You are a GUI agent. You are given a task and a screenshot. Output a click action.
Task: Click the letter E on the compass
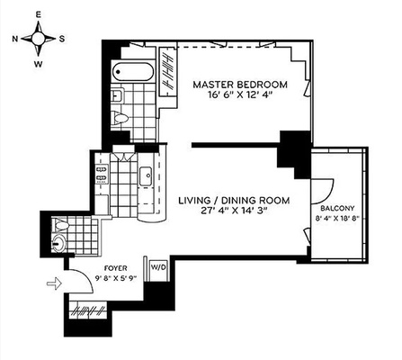click(x=38, y=15)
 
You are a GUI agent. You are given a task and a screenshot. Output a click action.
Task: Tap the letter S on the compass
click(x=62, y=39)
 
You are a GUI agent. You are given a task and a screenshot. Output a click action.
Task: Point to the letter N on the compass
click(x=14, y=39)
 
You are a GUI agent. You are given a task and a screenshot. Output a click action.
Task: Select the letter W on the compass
click(x=39, y=64)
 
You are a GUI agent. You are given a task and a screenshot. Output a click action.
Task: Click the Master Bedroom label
click(x=240, y=85)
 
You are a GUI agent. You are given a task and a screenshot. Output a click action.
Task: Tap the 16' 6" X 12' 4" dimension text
click(x=240, y=95)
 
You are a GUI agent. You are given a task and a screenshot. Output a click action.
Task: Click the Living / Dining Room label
click(x=234, y=201)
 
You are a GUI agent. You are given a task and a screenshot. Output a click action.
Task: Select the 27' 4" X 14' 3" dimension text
click(x=234, y=211)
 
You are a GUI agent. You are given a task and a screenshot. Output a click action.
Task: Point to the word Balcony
click(x=337, y=208)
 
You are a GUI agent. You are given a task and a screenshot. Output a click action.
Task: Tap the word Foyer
click(x=115, y=268)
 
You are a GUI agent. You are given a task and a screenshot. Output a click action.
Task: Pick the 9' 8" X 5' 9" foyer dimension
click(x=116, y=278)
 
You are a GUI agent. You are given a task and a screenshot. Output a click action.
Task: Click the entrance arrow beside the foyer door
click(x=54, y=283)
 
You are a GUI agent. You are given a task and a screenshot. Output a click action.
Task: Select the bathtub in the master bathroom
click(x=133, y=72)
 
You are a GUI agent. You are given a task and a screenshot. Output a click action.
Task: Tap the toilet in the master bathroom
click(x=120, y=118)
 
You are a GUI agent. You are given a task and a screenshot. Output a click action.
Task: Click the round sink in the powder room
click(x=58, y=244)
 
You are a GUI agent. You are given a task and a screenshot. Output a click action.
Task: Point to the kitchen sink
click(x=146, y=175)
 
